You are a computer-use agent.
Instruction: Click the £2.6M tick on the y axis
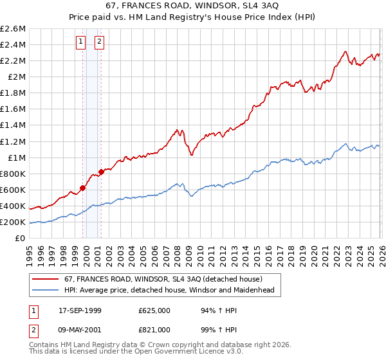click(x=13, y=29)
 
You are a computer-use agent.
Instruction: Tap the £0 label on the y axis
click(x=21, y=238)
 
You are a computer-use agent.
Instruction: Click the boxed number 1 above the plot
click(x=81, y=42)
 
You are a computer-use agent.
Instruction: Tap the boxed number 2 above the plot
click(x=100, y=42)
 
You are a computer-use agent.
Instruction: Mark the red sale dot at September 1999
click(x=82, y=188)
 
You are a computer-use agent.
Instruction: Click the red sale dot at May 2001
click(x=101, y=172)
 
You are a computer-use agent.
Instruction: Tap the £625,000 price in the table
click(x=154, y=310)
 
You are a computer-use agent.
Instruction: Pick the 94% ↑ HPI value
click(x=217, y=310)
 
